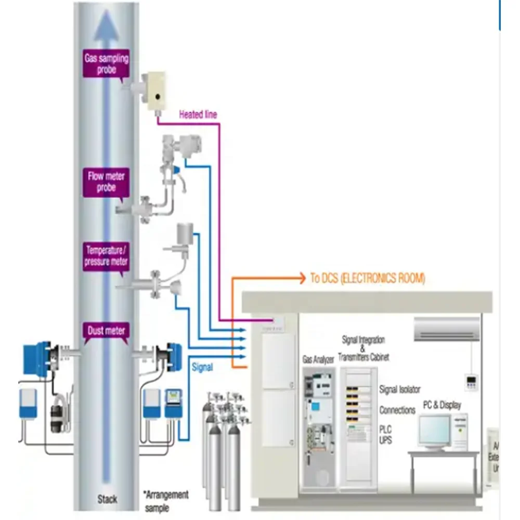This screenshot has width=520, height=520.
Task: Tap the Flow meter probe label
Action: tap(106, 182)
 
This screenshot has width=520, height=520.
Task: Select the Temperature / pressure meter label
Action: tap(106, 256)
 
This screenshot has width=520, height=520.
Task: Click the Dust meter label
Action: tap(107, 330)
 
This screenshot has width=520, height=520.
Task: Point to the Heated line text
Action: tap(198, 114)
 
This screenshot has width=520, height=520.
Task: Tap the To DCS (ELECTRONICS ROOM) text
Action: tap(367, 279)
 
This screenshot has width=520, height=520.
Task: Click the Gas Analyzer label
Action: tap(318, 359)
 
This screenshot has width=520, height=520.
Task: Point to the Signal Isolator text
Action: tap(400, 389)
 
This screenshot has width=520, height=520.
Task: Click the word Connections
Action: tap(397, 410)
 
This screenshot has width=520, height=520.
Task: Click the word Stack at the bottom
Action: tap(107, 500)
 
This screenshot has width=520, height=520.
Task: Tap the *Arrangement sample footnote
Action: tap(166, 501)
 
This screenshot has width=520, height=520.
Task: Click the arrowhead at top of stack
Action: tap(107, 26)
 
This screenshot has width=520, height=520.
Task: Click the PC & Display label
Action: tap(441, 405)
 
